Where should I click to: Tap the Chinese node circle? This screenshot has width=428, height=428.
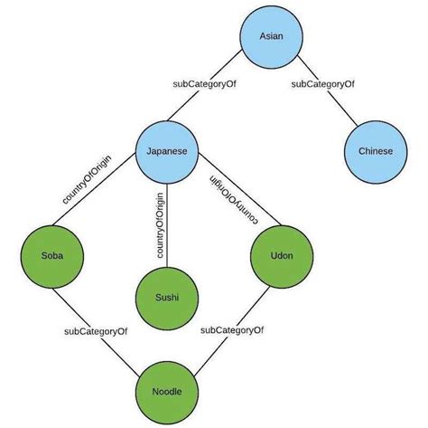tap(375, 151)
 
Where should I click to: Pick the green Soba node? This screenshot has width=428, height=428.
tap(51, 255)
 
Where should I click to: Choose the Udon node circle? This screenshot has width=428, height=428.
tap(282, 255)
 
